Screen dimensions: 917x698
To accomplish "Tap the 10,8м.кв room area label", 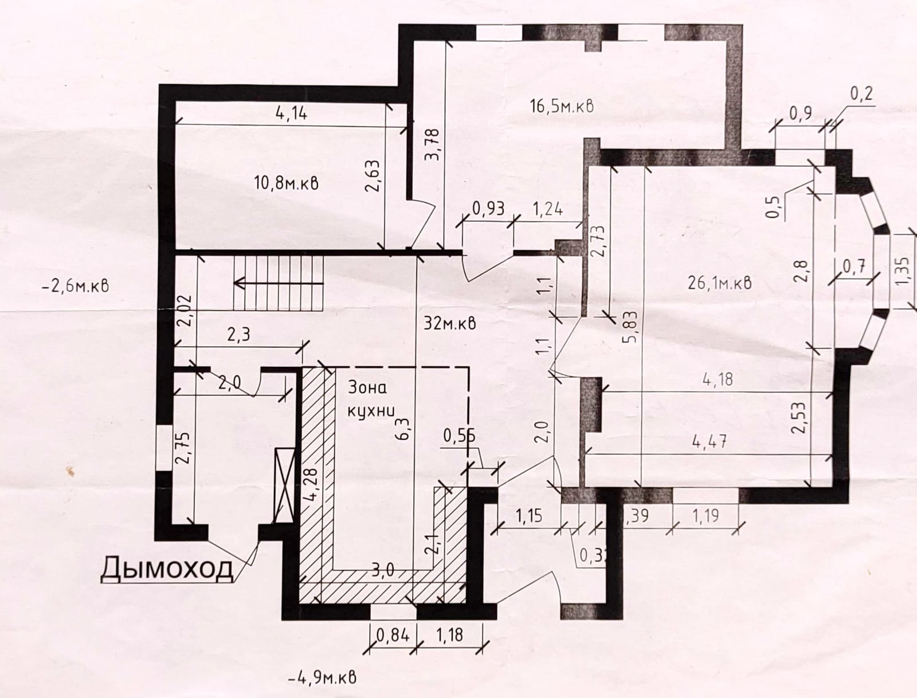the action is pyautogui.click(x=285, y=183).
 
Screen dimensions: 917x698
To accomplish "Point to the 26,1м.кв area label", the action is pyautogui.click(x=719, y=282).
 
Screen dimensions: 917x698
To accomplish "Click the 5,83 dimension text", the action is pyautogui.click(x=629, y=330).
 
